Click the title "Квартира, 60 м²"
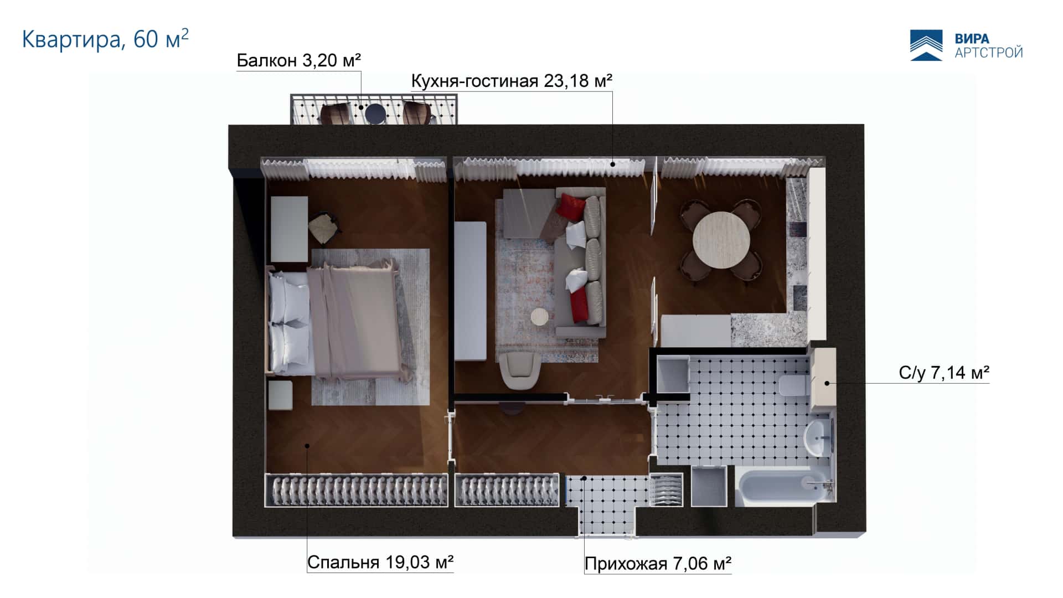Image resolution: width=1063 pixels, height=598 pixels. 105,39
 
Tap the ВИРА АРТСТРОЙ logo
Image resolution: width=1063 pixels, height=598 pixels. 966,45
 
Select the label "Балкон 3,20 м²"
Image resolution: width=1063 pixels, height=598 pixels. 299,60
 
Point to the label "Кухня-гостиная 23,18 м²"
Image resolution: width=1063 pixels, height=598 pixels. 512,81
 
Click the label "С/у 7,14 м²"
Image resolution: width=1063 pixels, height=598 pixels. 944,373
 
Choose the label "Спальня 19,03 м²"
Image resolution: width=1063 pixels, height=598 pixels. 380,562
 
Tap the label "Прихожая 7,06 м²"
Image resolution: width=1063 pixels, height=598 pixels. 658,564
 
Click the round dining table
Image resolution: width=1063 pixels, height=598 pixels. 721,240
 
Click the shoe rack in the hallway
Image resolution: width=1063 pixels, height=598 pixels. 666,489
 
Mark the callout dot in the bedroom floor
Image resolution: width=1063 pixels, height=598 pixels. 306,445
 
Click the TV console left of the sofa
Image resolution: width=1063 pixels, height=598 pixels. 470,291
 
